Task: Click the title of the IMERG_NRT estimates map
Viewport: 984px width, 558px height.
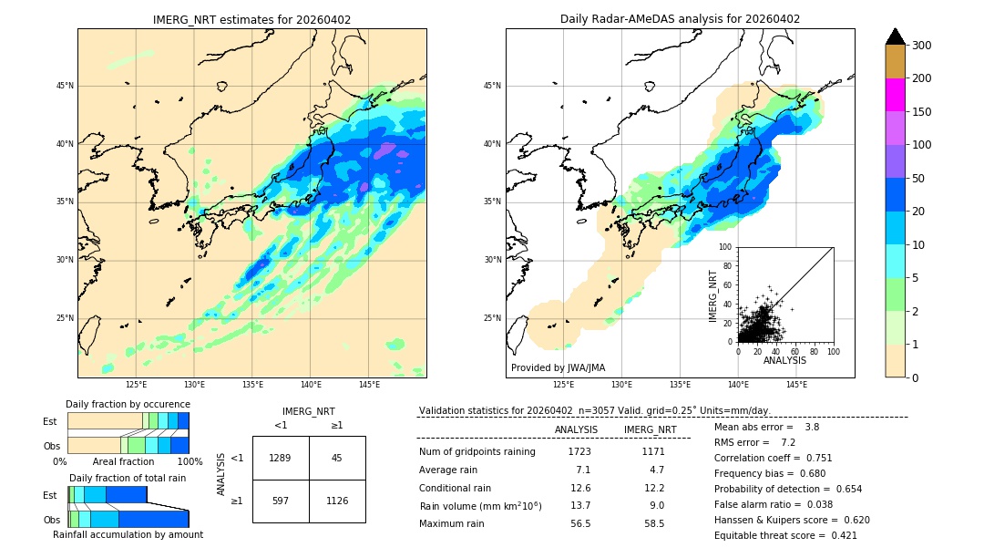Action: (251, 19)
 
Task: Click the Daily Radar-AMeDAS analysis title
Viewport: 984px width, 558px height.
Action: (680, 19)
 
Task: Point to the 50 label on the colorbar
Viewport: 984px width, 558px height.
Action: (919, 179)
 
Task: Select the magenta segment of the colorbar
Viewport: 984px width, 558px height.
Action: (895, 95)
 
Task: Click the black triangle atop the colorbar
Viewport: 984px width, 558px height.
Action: (895, 36)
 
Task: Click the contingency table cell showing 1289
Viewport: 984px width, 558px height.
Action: (281, 458)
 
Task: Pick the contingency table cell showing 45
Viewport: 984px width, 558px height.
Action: (337, 458)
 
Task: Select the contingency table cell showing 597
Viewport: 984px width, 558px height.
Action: (281, 501)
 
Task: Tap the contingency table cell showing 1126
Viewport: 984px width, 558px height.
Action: (337, 501)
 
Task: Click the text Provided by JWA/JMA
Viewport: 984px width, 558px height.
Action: (558, 367)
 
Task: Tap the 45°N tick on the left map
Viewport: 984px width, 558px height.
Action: (65, 86)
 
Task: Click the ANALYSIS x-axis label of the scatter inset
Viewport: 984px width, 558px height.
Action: (784, 360)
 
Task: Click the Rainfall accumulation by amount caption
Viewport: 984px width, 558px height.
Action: (128, 534)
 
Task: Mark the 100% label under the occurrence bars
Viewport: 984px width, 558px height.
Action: (189, 462)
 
